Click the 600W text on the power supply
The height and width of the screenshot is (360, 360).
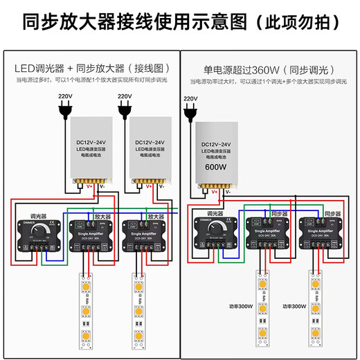[x=216, y=168]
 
